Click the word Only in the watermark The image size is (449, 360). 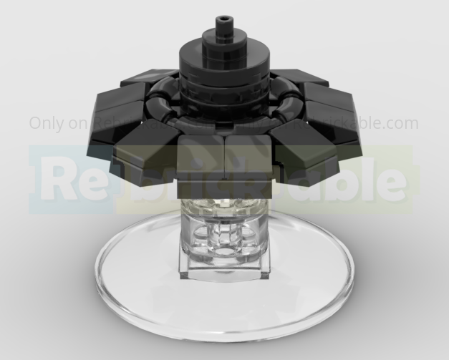point(46,122)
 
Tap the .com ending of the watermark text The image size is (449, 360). point(401,122)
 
